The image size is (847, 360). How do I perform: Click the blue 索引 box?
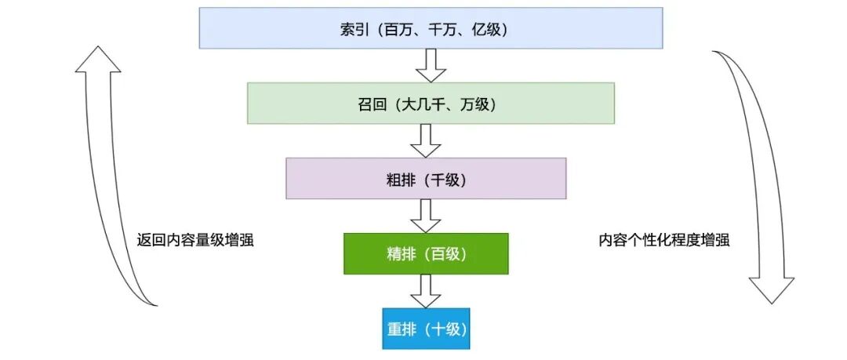coord(431,27)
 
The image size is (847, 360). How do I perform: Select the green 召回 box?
coord(431,104)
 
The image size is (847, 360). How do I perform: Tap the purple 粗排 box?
coord(426,179)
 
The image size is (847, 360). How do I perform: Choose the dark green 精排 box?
coord(426,254)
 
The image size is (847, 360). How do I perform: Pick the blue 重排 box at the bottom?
coord(426,329)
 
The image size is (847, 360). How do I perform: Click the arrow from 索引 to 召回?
coord(431,65)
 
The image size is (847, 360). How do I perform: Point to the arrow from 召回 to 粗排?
coord(426,140)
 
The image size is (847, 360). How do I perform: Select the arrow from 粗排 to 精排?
coord(426,215)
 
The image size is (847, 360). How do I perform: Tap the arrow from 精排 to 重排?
coord(426,291)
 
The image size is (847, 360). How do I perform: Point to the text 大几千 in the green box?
coord(424,104)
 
